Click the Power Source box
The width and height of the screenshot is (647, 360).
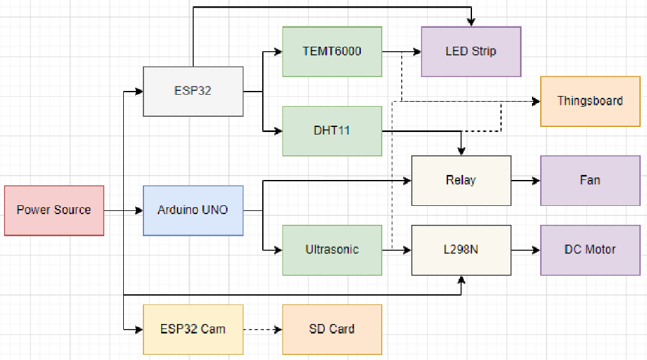(54, 210)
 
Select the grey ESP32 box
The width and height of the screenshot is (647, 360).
(193, 91)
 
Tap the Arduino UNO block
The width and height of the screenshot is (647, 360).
(193, 210)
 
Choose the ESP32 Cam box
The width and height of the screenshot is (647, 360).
(193, 329)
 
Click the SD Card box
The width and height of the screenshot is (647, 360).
(332, 329)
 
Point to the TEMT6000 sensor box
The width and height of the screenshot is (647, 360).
(332, 51)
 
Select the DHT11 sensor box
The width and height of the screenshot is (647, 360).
(332, 131)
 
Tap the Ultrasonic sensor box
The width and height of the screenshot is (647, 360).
(332, 249)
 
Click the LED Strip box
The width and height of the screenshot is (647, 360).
(471, 51)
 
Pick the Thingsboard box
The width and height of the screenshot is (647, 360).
(590, 101)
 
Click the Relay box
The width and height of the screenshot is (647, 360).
(461, 180)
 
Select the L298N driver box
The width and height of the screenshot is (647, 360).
(461, 249)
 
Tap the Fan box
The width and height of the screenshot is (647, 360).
(590, 180)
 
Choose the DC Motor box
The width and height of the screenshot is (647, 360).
(590, 249)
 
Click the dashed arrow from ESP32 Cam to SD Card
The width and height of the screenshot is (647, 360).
(262, 329)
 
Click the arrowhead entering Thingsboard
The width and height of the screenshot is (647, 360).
(536, 101)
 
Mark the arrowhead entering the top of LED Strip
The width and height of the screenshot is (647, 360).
(471, 22)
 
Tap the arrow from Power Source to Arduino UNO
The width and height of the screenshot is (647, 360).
(124, 210)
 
